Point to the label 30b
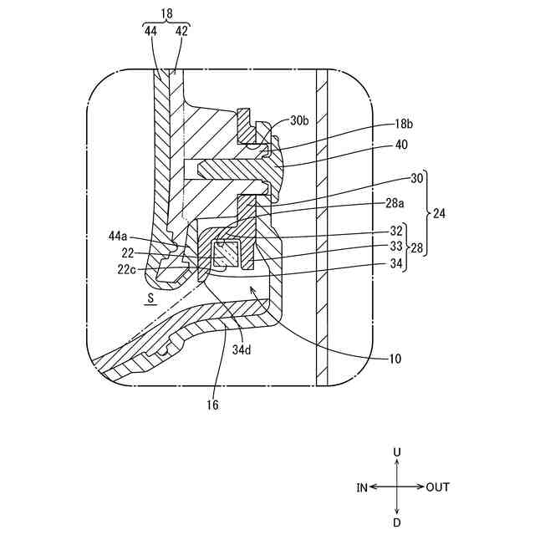pos(298,120)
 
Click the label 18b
pos(404,123)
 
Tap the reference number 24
pos(438,214)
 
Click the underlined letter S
pos(150,296)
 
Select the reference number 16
pos(213,404)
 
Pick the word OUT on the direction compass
pos(438,487)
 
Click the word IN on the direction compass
pos(361,487)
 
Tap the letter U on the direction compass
pos(397,451)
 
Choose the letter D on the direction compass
pos(397,522)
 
